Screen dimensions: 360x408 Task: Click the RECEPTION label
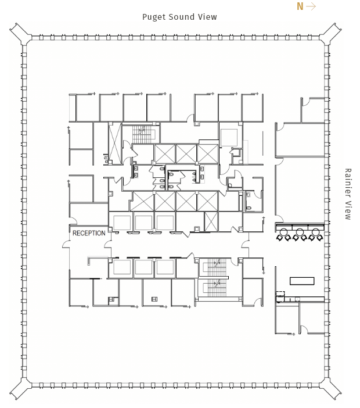click(89, 233)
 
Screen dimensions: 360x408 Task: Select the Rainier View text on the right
click(348, 194)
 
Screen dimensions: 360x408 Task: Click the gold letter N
click(300, 6)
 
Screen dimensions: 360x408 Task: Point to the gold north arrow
click(311, 6)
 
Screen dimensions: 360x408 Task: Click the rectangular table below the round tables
click(302, 281)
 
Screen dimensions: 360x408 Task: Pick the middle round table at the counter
click(300, 231)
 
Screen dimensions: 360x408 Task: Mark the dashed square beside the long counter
click(280, 294)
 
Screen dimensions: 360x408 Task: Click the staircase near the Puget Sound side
click(141, 134)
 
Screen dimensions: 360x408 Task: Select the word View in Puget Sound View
click(207, 17)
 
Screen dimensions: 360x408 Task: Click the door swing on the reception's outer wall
click(66, 244)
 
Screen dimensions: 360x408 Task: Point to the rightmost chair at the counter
click(319, 238)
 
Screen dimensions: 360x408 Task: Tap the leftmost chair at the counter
click(280, 238)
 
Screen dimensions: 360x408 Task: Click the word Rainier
click(348, 183)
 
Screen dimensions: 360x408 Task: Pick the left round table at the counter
click(284, 231)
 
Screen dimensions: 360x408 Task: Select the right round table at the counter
click(315, 231)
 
